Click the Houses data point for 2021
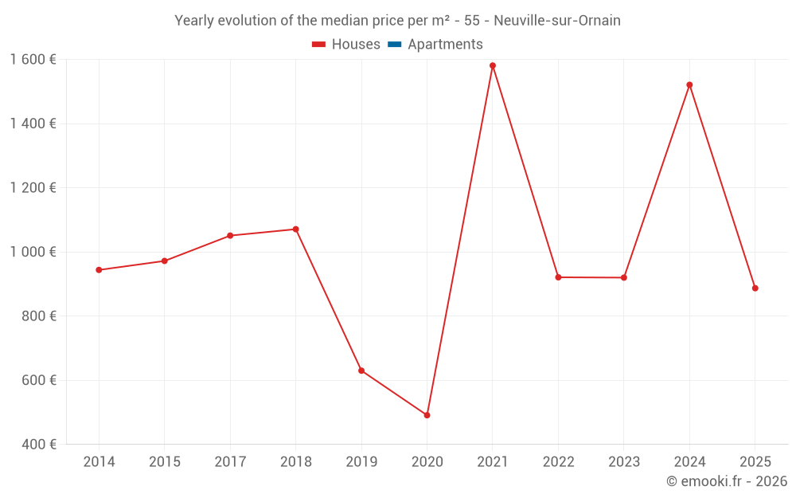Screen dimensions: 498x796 (x=493, y=65)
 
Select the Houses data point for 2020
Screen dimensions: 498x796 (x=427, y=415)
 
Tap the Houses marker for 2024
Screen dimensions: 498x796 (x=689, y=84)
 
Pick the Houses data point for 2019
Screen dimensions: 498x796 (x=361, y=371)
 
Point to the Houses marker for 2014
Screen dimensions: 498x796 (x=99, y=270)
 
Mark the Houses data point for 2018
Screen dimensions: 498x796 (x=295, y=229)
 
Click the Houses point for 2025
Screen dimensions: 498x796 (x=755, y=288)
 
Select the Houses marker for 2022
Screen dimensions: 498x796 (x=558, y=277)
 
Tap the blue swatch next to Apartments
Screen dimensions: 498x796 (x=394, y=45)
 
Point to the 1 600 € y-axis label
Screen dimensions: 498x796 (x=33, y=59)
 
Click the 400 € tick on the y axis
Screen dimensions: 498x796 (x=40, y=444)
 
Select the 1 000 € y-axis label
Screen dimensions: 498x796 (x=33, y=252)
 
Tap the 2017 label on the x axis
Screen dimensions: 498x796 (x=230, y=462)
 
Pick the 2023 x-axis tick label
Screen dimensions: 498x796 (x=623, y=462)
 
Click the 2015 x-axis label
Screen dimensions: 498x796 (x=165, y=462)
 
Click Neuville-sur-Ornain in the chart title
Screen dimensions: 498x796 (x=557, y=21)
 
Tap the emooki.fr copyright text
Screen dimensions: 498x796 (x=727, y=481)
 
